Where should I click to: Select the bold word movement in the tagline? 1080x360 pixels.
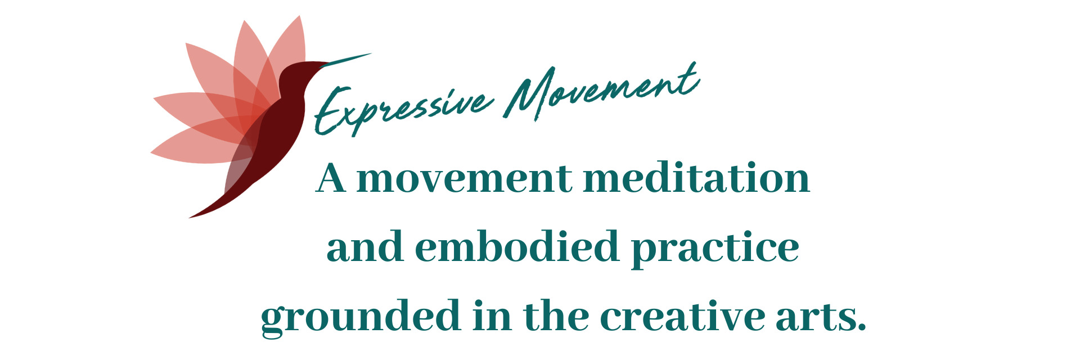(465, 179)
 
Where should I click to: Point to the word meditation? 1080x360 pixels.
(697, 177)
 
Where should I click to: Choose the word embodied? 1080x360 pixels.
(516, 246)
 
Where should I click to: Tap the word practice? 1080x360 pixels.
(715, 249)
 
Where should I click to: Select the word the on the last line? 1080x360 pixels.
(556, 316)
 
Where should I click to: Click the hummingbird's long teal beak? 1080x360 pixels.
(345, 60)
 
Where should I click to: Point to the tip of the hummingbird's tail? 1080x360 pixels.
(190, 217)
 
